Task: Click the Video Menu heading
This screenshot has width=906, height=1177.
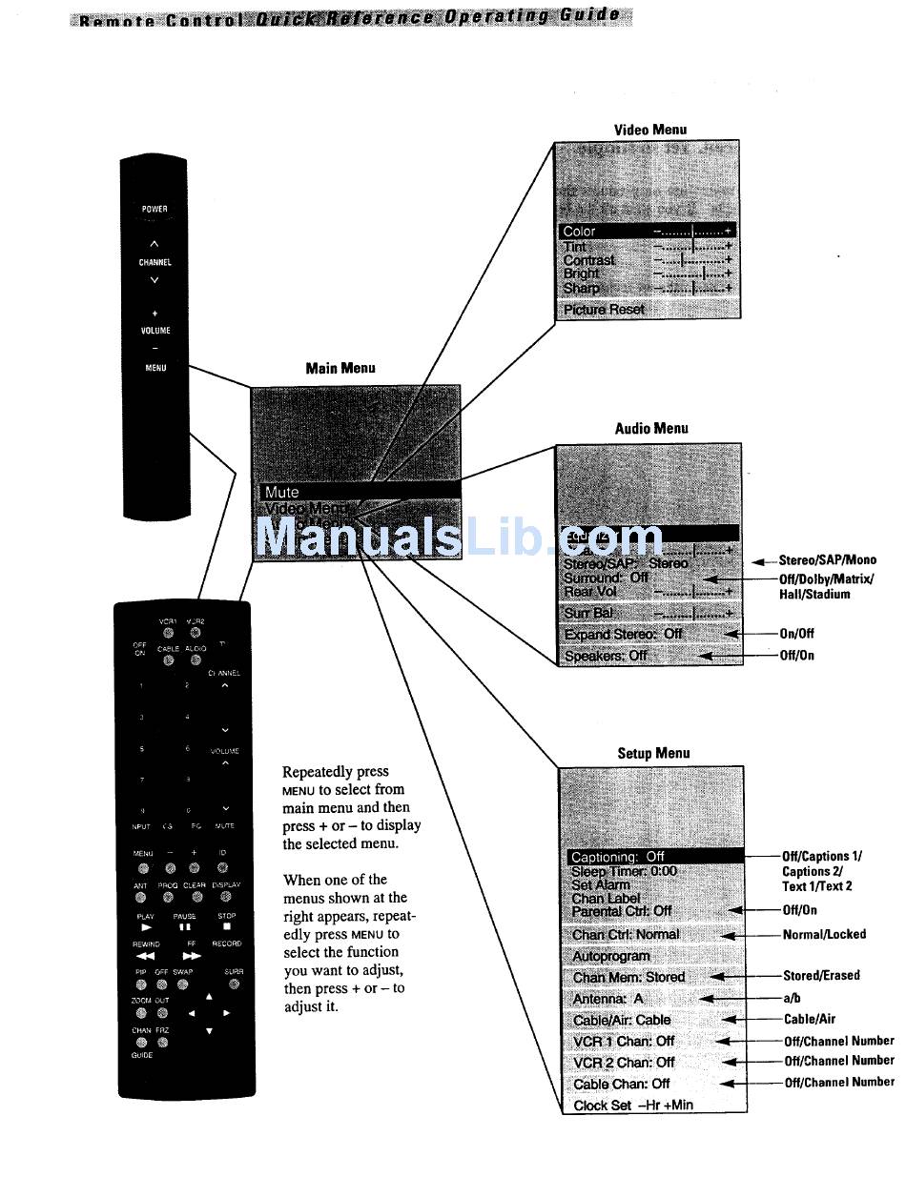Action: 649,130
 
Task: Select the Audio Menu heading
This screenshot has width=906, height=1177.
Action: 651,429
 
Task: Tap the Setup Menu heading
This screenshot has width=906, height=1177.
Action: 653,754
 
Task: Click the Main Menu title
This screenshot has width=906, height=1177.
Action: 340,368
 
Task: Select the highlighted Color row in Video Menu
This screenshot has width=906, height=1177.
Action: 647,231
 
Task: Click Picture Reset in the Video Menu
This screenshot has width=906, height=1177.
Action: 605,310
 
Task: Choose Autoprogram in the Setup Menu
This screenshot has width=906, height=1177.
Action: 611,956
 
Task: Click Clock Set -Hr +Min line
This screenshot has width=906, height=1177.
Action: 632,1106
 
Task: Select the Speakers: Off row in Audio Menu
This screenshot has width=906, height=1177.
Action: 607,656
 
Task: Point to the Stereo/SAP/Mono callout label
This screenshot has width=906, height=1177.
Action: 827,560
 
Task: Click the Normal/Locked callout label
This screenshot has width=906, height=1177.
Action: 824,934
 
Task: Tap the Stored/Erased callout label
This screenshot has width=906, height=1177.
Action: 821,976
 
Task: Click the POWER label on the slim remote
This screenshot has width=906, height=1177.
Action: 154,210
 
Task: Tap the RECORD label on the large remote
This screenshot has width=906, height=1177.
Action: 227,944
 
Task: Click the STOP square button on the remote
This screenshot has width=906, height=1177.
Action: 227,925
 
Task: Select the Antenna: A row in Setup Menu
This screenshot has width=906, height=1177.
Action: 608,999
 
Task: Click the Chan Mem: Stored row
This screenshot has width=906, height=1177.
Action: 629,977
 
